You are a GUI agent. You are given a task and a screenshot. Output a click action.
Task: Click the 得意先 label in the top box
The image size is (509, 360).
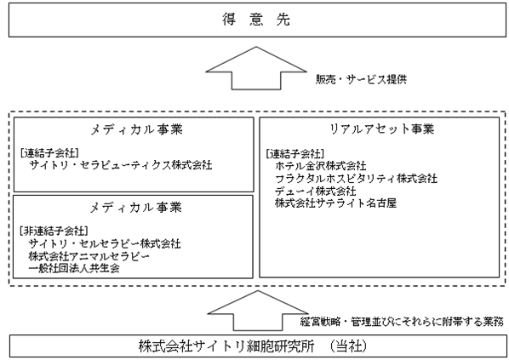point(256,20)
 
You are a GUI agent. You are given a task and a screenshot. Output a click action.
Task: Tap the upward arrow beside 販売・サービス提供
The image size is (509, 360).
point(256,68)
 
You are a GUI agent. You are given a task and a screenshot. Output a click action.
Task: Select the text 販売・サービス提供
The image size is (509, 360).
point(361,79)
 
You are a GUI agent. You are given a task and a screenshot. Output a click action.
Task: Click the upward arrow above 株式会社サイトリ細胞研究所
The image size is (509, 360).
point(258,311)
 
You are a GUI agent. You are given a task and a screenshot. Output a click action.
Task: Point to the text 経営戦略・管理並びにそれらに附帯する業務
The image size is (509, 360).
point(402,322)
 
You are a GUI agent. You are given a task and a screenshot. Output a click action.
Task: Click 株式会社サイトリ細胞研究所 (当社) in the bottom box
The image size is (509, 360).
point(253,346)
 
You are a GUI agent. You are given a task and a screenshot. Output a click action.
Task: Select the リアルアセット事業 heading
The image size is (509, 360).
point(382,129)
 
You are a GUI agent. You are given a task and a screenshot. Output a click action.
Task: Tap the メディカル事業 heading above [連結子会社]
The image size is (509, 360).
point(136,130)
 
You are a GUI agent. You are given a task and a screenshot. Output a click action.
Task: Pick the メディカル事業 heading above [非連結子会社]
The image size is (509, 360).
point(135,208)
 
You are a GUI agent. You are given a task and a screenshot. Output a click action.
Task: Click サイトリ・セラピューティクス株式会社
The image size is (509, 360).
point(121,165)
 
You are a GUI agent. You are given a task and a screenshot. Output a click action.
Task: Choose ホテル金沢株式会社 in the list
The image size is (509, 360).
point(321,166)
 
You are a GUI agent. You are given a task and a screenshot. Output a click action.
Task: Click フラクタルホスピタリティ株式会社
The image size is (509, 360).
point(356,179)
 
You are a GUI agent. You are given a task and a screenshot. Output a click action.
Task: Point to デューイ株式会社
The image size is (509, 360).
point(316,191)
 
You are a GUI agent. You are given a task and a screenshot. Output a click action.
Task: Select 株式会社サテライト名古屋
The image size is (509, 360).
point(335,203)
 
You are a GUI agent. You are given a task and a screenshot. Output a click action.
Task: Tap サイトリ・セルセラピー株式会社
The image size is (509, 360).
point(105,243)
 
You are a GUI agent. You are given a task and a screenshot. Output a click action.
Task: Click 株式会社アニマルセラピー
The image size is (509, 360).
point(89,256)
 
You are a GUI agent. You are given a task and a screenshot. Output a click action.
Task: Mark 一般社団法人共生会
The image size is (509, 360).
point(74,268)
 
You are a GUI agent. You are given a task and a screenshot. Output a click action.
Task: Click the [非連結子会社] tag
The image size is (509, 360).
point(54,231)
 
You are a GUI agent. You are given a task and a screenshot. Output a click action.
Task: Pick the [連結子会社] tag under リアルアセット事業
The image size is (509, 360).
point(295,153)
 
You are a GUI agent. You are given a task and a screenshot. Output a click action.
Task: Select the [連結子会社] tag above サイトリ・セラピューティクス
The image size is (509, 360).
point(49,152)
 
